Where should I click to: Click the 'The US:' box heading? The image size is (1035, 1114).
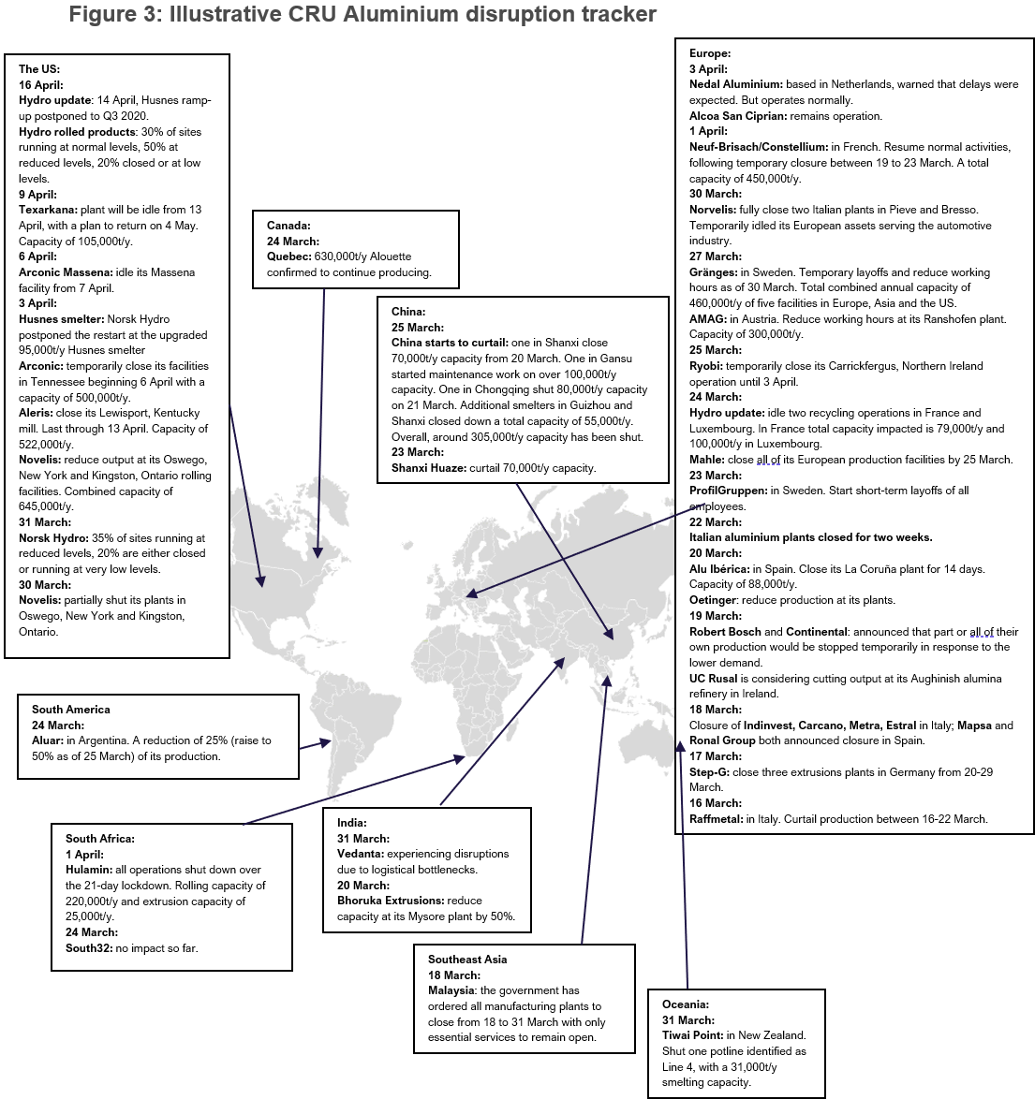pyautogui.click(x=39, y=69)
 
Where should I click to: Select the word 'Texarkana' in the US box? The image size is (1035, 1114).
pyautogui.click(x=45, y=210)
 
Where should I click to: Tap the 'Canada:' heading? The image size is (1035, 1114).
pyautogui.click(x=288, y=226)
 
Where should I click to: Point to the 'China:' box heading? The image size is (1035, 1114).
pyautogui.click(x=408, y=312)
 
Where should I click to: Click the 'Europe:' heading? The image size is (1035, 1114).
pyautogui.click(x=710, y=53)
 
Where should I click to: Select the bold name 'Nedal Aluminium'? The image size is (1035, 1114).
pyautogui.click(x=735, y=84)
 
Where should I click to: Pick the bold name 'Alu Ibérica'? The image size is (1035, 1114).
pyautogui.click(x=718, y=569)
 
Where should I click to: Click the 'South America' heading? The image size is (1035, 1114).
pyautogui.click(x=71, y=710)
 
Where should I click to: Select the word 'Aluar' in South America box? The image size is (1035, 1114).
pyautogui.click(x=47, y=740)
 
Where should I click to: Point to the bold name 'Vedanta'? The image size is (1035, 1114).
pyautogui.click(x=361, y=854)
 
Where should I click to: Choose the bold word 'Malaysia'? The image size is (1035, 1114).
pyautogui.click(x=451, y=990)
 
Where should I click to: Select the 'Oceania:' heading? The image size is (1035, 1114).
pyautogui.click(x=686, y=1004)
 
